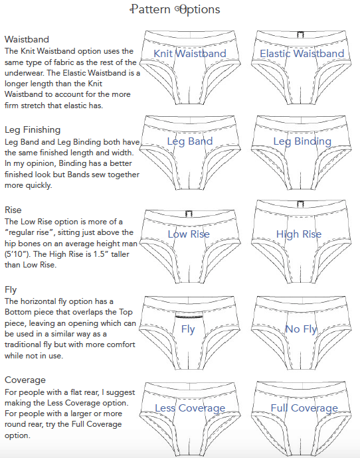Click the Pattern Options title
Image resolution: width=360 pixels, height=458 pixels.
coord(175,9)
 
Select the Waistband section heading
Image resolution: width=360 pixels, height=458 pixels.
coord(27,39)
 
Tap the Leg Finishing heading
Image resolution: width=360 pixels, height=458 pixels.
coord(33,130)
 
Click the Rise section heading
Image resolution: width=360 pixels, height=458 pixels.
coord(13,210)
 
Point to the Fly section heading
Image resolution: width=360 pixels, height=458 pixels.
coord(11,290)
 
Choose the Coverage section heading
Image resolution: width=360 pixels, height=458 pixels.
coord(25,380)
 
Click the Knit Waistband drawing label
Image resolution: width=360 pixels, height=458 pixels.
coord(190,54)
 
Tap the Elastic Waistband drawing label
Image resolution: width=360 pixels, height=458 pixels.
coord(302,54)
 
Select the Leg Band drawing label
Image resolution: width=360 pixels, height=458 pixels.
coord(190,141)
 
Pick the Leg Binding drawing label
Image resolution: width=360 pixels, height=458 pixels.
coord(302,141)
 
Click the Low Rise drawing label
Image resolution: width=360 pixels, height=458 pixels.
coord(189,234)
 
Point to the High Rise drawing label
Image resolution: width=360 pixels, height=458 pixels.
coord(299,234)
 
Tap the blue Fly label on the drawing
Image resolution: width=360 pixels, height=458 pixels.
coord(188,329)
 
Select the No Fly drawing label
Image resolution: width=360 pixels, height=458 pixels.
coord(302,329)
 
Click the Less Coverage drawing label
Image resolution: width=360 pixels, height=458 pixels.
coord(190,408)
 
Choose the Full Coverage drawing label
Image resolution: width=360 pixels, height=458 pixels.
coord(304,408)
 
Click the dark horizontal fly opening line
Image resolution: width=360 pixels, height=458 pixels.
coord(189,317)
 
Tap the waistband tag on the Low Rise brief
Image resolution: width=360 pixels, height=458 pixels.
coord(189,214)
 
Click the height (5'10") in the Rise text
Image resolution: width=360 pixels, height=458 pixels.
coord(17,254)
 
